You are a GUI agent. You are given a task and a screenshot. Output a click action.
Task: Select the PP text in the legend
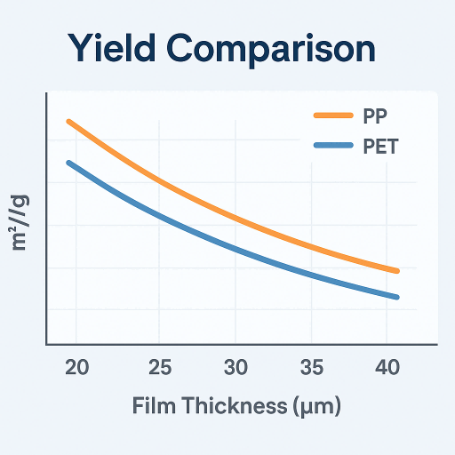375,116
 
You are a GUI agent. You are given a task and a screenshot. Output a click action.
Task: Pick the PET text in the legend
380,147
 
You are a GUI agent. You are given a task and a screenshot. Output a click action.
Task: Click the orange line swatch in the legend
334,116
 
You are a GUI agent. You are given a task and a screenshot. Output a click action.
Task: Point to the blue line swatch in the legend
334,147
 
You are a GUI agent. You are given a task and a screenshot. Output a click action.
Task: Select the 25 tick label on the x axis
158,367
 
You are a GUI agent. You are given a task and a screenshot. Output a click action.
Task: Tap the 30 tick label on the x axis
235,367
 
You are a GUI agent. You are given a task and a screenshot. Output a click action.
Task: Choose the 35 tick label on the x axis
311,367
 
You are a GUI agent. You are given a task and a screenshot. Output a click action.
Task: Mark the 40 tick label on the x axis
387,367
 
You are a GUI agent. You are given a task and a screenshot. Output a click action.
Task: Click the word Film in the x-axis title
155,406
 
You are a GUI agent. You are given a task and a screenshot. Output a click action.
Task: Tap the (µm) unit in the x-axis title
315,406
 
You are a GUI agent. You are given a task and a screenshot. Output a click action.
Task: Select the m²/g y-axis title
20,221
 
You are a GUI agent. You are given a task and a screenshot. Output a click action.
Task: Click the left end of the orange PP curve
68,121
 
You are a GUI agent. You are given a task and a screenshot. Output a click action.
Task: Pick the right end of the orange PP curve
396,270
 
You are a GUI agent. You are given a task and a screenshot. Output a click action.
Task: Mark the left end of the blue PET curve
68,163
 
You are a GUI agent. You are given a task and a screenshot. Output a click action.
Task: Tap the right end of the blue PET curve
396,297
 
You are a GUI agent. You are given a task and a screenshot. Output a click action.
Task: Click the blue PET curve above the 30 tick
235,246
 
